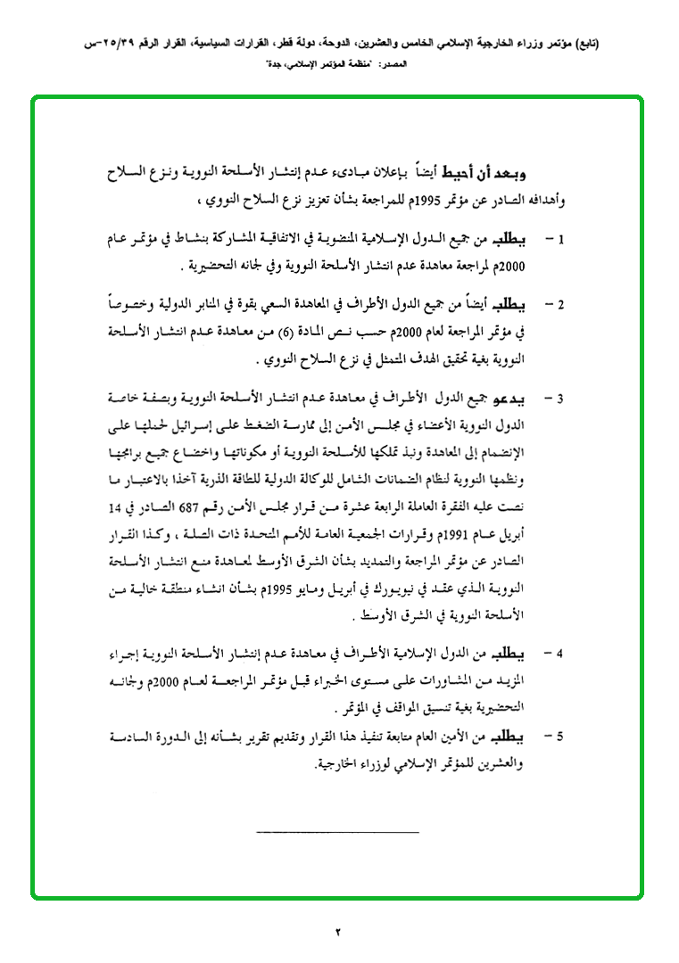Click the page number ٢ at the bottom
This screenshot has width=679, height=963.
click(x=339, y=932)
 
